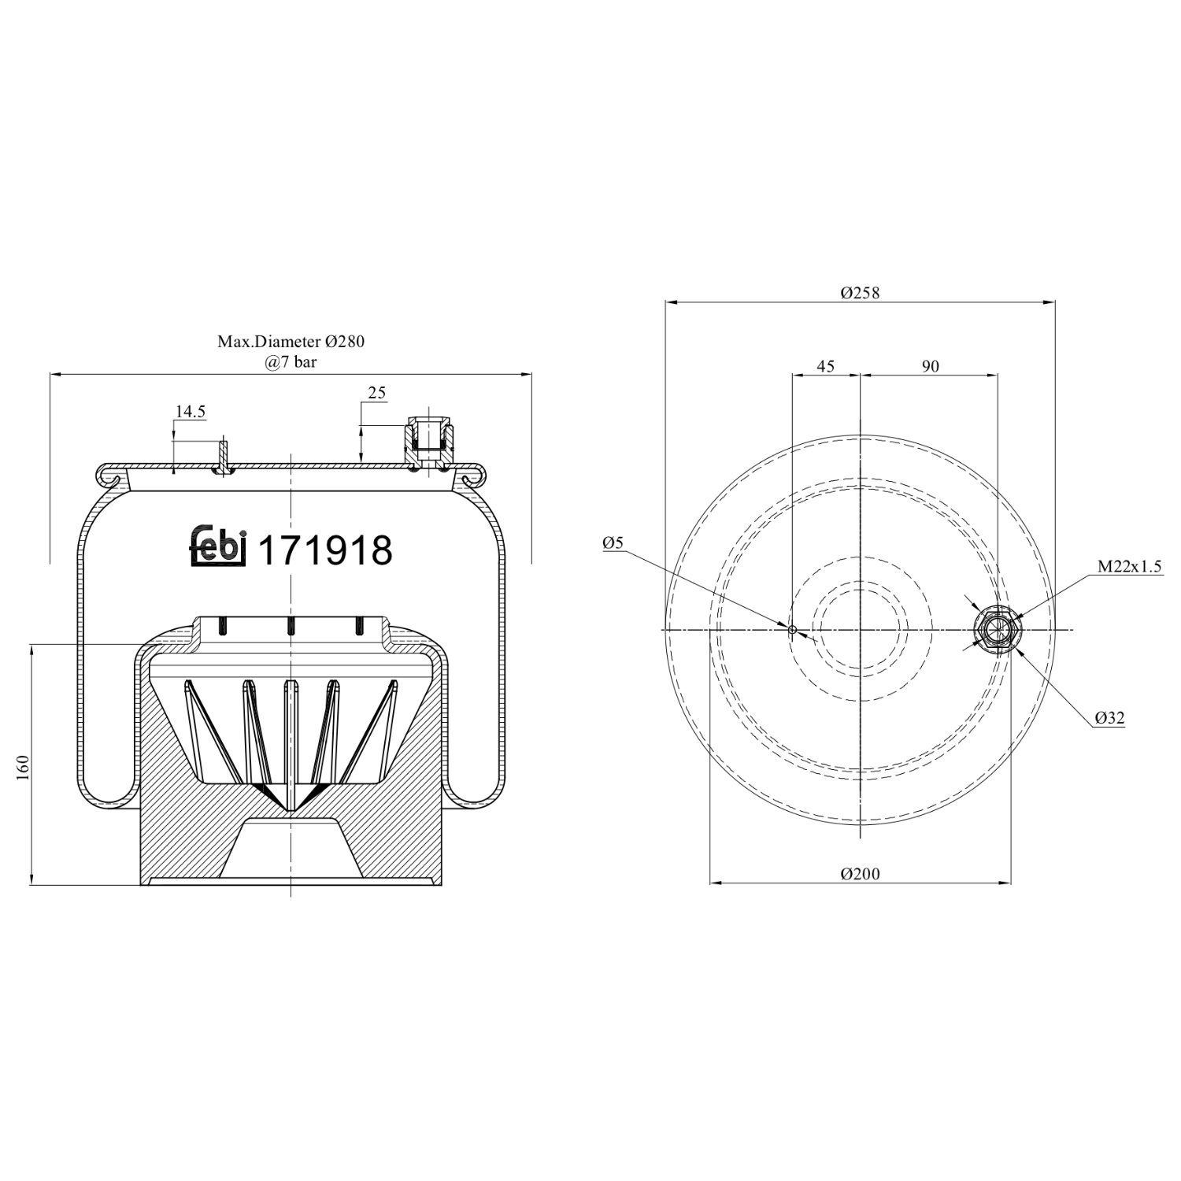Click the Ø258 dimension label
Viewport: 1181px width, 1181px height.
point(860,293)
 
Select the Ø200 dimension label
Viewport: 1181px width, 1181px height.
point(860,874)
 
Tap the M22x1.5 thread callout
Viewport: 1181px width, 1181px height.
point(1130,567)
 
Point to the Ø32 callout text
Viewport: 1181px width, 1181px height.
point(1109,717)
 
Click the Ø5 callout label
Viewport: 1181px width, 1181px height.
point(613,542)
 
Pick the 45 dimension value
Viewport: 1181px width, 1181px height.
point(825,366)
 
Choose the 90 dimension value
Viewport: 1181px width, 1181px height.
point(930,366)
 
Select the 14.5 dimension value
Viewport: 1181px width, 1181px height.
point(190,411)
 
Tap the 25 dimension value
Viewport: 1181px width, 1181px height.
point(377,393)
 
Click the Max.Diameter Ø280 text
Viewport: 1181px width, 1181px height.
point(291,342)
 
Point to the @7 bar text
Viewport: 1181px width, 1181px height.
point(291,362)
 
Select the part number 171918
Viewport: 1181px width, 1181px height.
point(325,550)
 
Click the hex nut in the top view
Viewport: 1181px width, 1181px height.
point(998,630)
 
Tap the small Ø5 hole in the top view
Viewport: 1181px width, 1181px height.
point(792,630)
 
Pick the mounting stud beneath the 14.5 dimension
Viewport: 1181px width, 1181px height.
point(224,457)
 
